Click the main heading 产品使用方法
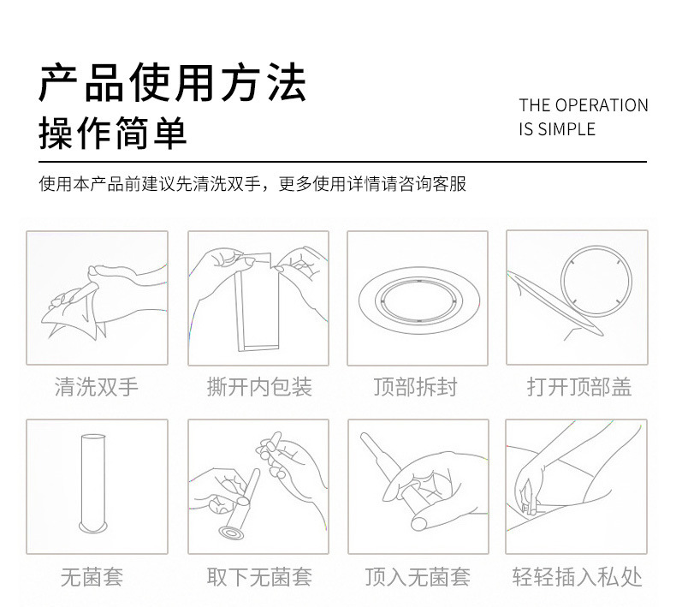pyautogui.click(x=173, y=82)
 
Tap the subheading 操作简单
pyautogui.click(x=112, y=133)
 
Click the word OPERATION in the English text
pyautogui.click(x=602, y=105)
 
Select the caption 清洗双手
pyautogui.click(x=97, y=387)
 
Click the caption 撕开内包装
pyautogui.click(x=259, y=387)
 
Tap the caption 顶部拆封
pyautogui.click(x=415, y=387)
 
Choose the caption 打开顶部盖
pyautogui.click(x=579, y=387)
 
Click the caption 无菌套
pyautogui.click(x=92, y=577)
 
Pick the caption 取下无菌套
pyautogui.click(x=259, y=577)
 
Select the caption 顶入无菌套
pyautogui.click(x=418, y=577)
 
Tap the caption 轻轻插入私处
pyautogui.click(x=578, y=577)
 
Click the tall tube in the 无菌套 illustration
pyautogui.click(x=92, y=483)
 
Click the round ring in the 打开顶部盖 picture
pyautogui.click(x=596, y=282)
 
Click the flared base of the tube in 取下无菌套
pyautogui.click(x=232, y=533)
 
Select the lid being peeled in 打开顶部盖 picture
pyautogui.click(x=556, y=302)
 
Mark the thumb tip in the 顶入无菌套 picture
pyautogui.click(x=419, y=523)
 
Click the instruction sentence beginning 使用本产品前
pyautogui.click(x=252, y=184)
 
